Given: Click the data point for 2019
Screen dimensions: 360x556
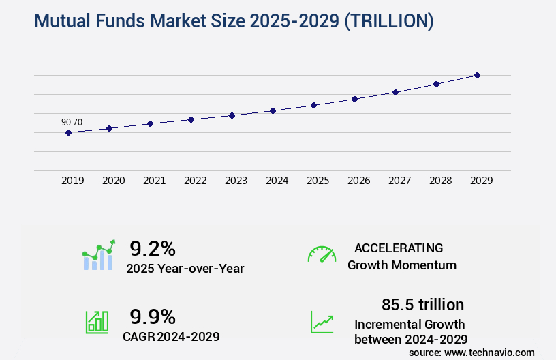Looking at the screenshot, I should point(68,132).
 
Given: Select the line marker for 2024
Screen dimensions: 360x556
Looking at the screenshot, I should point(273,110).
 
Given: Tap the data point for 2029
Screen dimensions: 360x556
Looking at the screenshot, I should point(477,75).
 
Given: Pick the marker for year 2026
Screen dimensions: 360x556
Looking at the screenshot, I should point(354,99).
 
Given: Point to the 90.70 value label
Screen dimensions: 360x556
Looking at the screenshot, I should point(72,123).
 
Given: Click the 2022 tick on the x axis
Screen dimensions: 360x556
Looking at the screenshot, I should point(195,181).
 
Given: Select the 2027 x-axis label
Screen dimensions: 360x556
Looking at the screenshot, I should point(399,181).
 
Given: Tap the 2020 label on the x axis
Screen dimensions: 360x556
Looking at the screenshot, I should point(113,181).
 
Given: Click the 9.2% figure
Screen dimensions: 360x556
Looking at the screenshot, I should point(153,248).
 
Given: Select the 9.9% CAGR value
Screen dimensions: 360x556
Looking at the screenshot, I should point(153,316).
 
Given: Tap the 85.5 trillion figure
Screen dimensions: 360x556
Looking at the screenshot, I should point(422,304).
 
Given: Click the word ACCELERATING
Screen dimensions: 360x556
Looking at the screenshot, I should point(399,248).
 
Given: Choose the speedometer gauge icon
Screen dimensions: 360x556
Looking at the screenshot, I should point(322,254).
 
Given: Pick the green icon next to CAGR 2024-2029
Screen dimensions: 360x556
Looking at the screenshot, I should point(97,322).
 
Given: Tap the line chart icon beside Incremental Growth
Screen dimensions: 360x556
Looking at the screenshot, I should point(322,322).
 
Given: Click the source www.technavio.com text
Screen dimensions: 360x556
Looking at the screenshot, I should point(472,352).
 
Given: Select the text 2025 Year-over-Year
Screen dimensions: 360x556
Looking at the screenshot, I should point(185,269).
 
